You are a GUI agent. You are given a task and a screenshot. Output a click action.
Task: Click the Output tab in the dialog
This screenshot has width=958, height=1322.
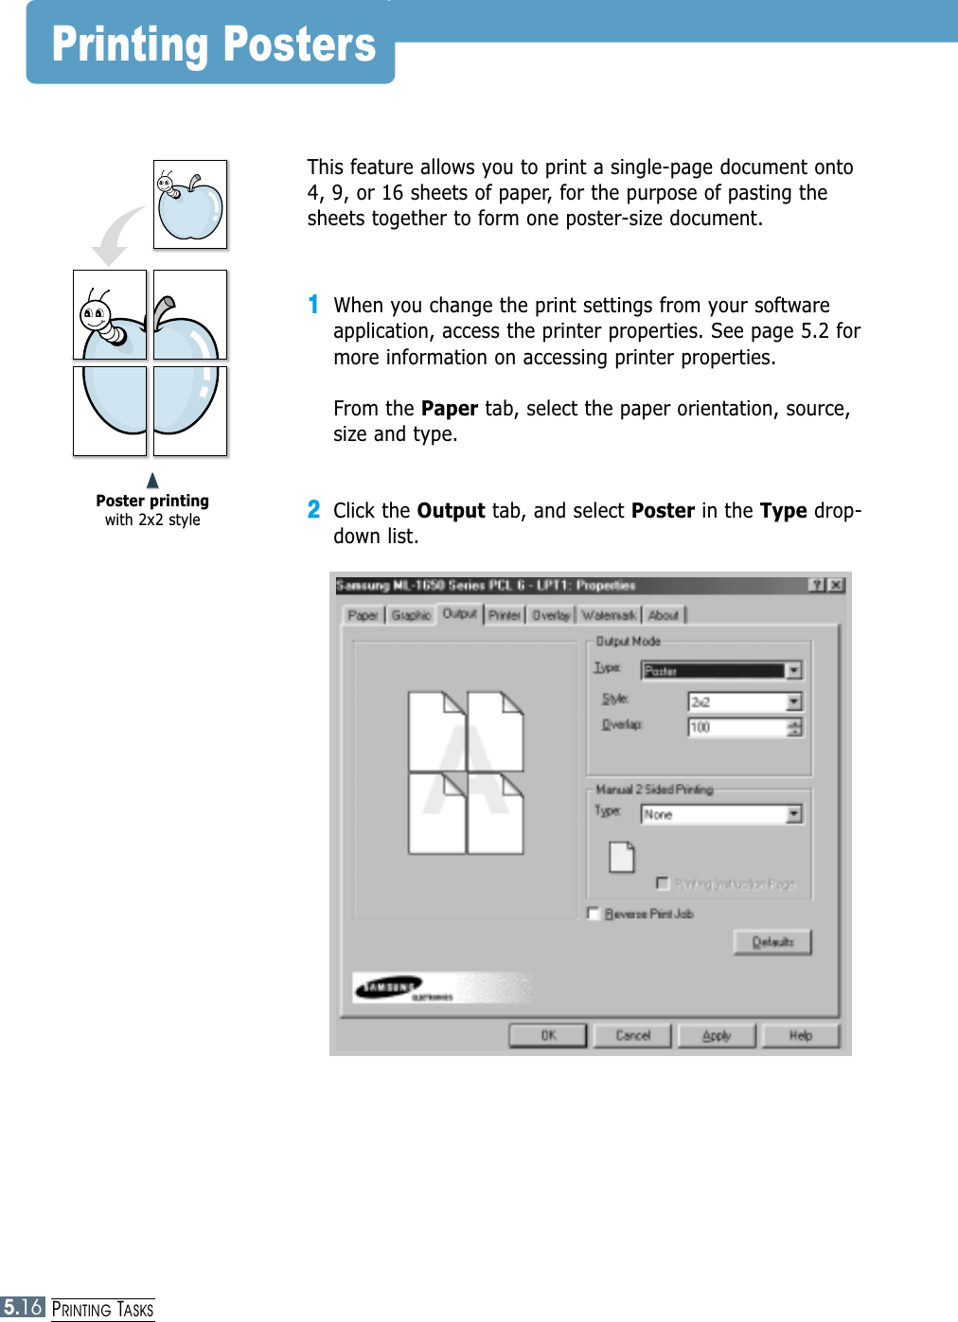(460, 614)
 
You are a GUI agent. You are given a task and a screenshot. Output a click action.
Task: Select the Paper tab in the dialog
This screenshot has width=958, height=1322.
(363, 615)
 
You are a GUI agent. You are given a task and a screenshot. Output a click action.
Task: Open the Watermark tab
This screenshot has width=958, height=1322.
(608, 615)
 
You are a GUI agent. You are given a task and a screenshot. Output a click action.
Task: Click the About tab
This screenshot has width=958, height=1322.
(664, 615)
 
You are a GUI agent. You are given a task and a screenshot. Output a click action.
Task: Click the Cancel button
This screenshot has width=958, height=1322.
(632, 1035)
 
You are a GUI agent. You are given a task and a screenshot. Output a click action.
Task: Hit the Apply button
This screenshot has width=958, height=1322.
(717, 1035)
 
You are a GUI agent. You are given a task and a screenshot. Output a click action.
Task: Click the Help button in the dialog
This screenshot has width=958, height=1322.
(801, 1035)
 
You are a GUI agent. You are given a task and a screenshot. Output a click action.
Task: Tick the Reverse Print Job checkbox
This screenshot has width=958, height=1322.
(594, 913)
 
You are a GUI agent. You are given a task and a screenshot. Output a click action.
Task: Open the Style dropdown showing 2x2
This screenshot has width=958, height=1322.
(794, 701)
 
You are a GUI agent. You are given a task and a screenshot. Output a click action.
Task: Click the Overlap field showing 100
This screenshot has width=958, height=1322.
(736, 727)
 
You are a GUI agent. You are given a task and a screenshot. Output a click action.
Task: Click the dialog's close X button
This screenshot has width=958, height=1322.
(836, 585)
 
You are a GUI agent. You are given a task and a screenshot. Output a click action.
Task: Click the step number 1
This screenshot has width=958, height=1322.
(313, 305)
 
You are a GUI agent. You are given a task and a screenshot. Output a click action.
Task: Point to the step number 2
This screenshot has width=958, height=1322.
(313, 510)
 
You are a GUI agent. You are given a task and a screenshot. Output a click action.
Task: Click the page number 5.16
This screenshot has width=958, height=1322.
(23, 1308)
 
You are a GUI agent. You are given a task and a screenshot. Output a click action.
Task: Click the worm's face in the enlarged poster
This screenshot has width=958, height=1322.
(96, 314)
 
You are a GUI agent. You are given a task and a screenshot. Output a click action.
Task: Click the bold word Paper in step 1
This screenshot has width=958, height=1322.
(449, 409)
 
